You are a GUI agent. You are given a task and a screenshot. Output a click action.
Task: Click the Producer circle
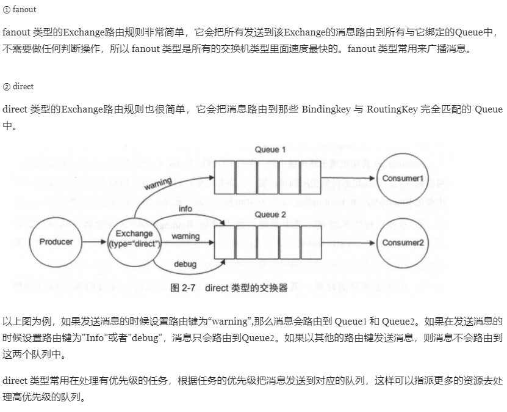[56, 241]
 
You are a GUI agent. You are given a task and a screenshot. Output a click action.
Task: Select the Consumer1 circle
[403, 178]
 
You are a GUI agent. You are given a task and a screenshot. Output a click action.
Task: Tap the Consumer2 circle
[403, 242]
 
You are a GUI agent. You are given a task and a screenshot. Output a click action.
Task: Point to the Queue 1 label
[270, 150]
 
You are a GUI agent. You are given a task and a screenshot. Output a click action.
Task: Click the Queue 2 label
[270, 215]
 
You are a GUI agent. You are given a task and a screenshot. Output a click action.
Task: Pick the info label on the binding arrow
[185, 208]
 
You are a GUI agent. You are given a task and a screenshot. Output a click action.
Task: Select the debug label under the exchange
[185, 265]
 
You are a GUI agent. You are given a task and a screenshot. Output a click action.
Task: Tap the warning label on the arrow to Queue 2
[185, 236]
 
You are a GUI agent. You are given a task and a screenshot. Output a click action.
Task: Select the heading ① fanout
[20, 10]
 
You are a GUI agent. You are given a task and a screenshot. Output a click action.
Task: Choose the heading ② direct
[18, 87]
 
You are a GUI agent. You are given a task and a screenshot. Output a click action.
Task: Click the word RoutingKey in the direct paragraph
[392, 110]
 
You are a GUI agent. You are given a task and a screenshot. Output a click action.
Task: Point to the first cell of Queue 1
[225, 178]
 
